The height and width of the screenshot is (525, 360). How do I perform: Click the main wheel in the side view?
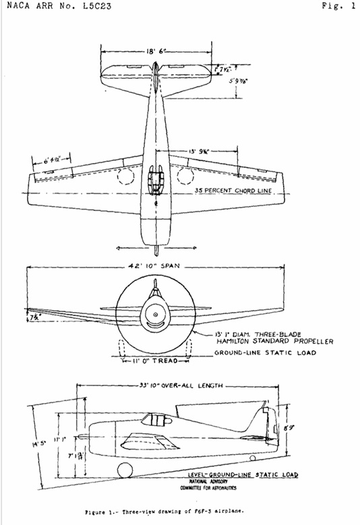[123, 470]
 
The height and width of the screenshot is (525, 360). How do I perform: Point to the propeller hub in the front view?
[155, 315]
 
